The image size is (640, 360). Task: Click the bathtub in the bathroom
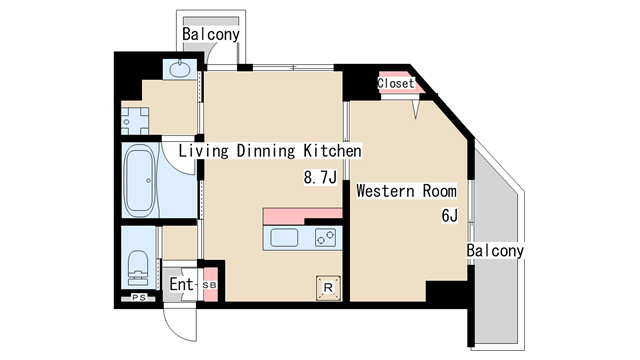click(140, 180)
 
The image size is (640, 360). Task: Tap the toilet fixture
click(138, 267)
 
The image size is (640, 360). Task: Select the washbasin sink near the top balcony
click(179, 69)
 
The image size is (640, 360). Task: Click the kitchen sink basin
click(284, 238)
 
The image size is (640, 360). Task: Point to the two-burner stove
click(325, 237)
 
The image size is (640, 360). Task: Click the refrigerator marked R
click(328, 288)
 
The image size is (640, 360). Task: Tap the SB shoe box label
click(210, 285)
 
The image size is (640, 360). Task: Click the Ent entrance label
click(181, 284)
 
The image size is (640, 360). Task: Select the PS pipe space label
click(139, 298)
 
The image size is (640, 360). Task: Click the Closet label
click(396, 83)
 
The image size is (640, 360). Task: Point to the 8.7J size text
click(320, 177)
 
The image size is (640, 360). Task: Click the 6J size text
click(449, 215)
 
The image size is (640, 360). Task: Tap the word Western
click(385, 191)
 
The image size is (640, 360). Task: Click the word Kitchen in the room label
click(332, 151)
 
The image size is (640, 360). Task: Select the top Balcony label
click(211, 34)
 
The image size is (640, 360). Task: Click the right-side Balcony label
click(495, 250)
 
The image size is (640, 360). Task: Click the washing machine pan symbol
click(135, 121)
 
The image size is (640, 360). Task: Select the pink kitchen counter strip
click(302, 216)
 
